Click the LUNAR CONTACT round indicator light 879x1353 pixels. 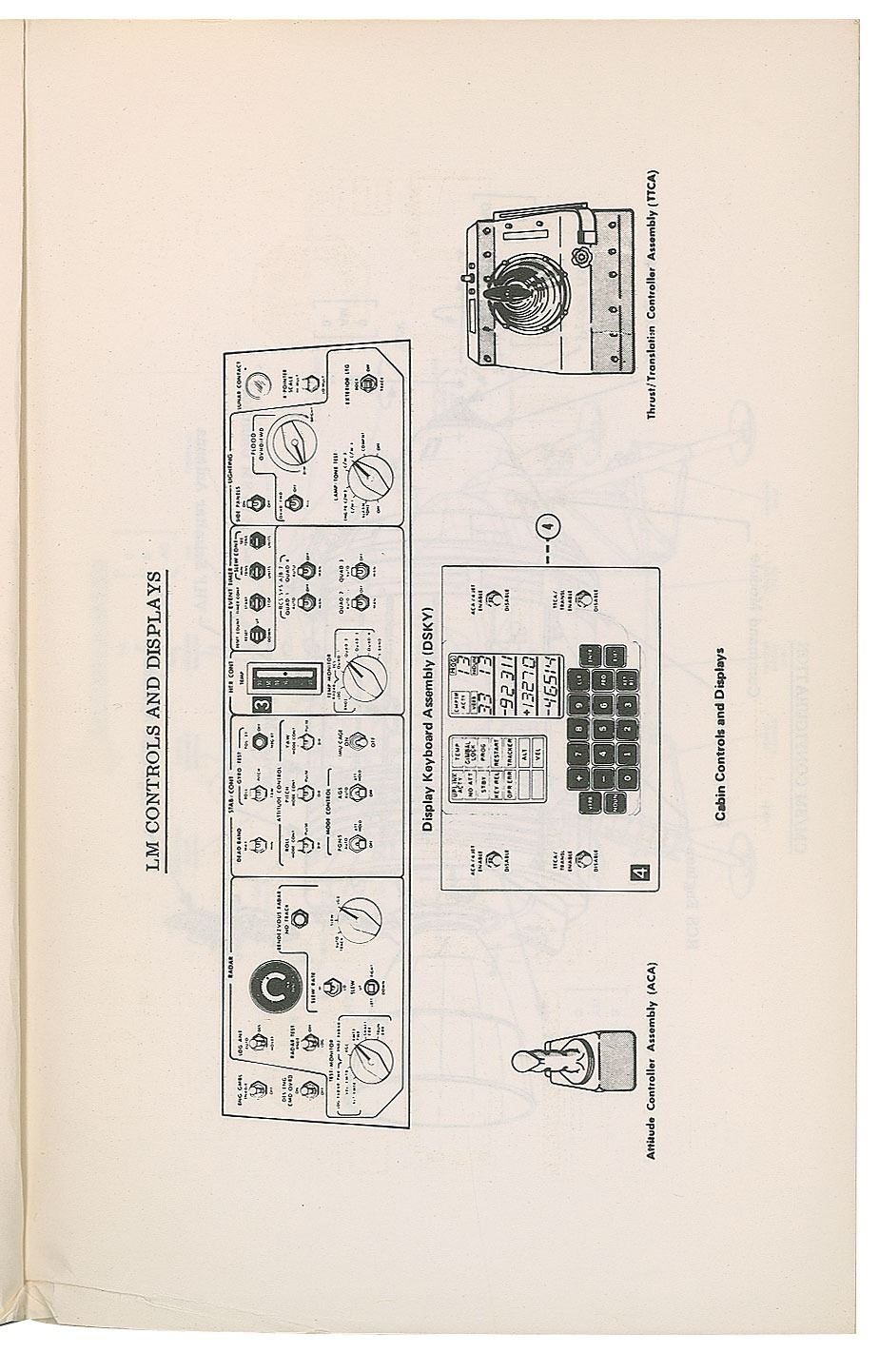click(x=254, y=385)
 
